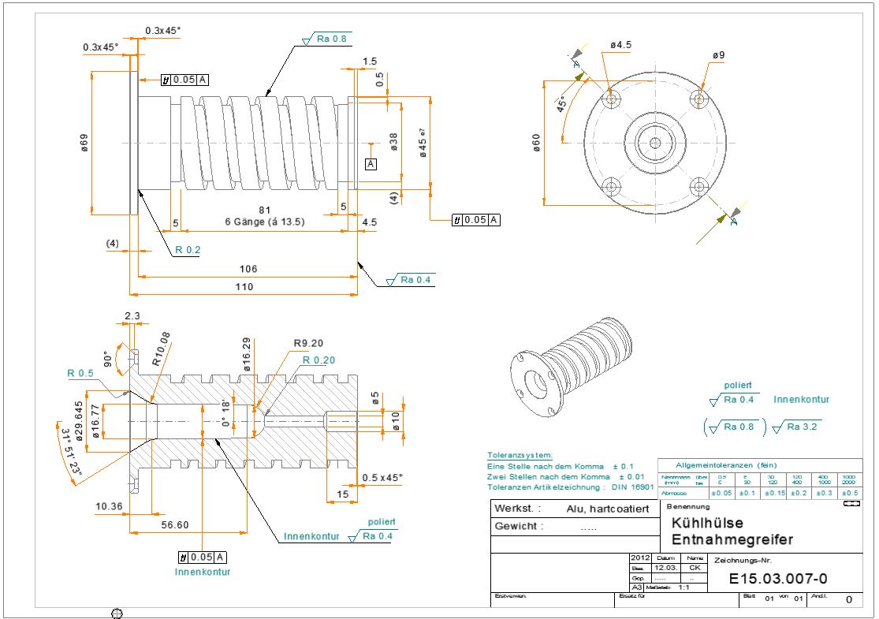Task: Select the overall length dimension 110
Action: coord(244,288)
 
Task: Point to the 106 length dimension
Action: coord(248,269)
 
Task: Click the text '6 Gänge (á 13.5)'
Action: coord(265,222)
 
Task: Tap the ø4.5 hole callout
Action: coord(620,46)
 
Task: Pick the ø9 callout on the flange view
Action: coord(718,55)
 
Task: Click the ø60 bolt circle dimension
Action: coord(537,143)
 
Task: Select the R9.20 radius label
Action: coord(309,344)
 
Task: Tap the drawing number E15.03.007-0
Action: coord(777,580)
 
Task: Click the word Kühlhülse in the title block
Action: coord(707,523)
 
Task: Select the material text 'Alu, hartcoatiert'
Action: coord(607,509)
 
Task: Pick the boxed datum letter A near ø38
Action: coord(371,163)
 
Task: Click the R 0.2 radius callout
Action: coord(188,250)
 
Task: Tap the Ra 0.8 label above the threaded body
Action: coord(330,38)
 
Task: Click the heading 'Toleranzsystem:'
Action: coord(520,456)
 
